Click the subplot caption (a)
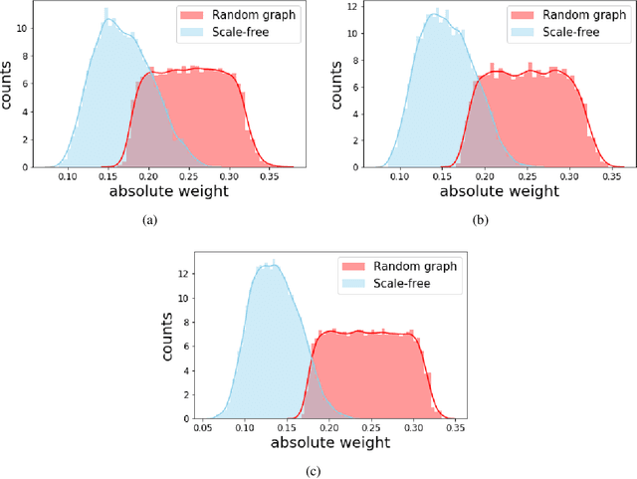coord(150,220)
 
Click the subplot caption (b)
coord(481,220)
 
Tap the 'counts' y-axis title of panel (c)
coord(168,338)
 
